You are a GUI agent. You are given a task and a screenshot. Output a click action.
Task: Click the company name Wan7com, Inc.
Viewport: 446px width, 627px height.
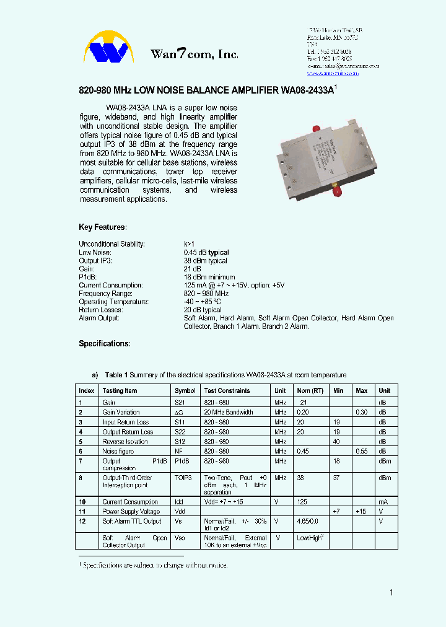click(194, 55)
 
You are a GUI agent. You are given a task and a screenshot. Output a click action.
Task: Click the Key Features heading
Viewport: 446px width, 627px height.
click(103, 227)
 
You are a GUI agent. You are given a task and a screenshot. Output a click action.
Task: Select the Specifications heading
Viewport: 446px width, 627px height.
click(105, 343)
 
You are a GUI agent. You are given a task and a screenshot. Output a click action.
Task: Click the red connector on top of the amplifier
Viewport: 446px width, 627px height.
click(316, 128)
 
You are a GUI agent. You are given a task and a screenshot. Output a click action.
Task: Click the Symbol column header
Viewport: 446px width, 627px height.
click(185, 390)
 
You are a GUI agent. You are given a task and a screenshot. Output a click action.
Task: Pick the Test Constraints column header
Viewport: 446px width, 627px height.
click(227, 390)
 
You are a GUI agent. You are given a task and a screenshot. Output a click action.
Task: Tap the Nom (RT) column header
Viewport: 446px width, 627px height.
click(310, 390)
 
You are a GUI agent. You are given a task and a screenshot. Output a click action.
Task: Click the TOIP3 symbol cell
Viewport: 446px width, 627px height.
click(183, 478)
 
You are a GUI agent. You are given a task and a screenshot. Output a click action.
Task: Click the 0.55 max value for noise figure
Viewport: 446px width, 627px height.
click(362, 451)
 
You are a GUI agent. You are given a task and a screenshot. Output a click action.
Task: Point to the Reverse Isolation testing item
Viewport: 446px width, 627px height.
click(125, 442)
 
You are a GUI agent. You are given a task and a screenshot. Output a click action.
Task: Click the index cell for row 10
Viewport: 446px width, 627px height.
click(82, 502)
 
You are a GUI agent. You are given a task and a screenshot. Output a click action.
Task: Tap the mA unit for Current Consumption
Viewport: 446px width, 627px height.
click(383, 502)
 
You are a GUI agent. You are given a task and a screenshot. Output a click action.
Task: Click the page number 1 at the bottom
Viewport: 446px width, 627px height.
click(391, 593)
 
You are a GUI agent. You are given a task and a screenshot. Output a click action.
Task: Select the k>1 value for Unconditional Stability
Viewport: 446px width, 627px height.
click(189, 244)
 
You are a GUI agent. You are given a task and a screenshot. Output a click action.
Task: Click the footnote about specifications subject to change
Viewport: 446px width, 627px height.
click(154, 565)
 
